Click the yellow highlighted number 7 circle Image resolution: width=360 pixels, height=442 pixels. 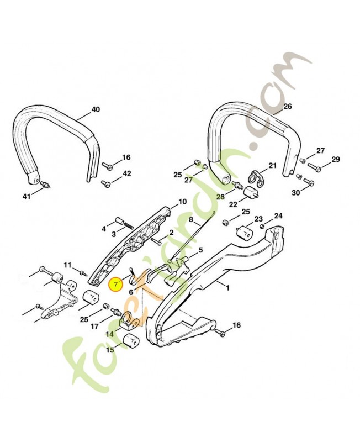pyautogui.click(x=117, y=285)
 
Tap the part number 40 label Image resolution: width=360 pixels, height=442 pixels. pyautogui.click(x=96, y=109)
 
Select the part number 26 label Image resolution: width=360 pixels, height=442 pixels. pyautogui.click(x=288, y=106)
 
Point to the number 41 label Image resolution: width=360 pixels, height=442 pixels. pyautogui.click(x=27, y=197)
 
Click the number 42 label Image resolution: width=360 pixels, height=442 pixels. pyautogui.click(x=127, y=173)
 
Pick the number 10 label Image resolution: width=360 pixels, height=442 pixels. pyautogui.click(x=183, y=202)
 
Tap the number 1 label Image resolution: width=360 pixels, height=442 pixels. pyautogui.click(x=227, y=288)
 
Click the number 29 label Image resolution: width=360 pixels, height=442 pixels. pyautogui.click(x=336, y=159)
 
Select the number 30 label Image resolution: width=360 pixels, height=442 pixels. pyautogui.click(x=295, y=193)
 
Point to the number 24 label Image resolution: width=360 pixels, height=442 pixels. pyautogui.click(x=278, y=216)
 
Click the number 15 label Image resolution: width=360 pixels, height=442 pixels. pyautogui.click(x=110, y=350)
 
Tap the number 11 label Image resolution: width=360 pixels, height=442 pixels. pyautogui.click(x=67, y=265)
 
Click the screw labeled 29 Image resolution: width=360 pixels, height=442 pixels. pyautogui.click(x=314, y=167)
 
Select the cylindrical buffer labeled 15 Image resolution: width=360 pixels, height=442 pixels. pyautogui.click(x=132, y=341)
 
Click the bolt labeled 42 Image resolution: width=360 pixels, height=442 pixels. pyautogui.click(x=106, y=183)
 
